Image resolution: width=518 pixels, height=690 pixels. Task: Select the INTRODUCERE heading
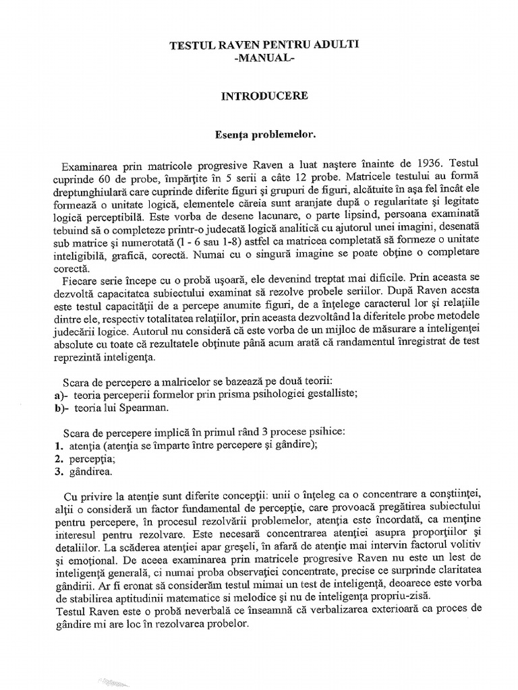pos(264,96)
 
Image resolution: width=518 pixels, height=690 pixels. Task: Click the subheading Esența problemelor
pos(264,135)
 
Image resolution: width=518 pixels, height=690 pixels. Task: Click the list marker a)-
pos(61,394)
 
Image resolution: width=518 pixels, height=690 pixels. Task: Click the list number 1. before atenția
pos(58,446)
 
